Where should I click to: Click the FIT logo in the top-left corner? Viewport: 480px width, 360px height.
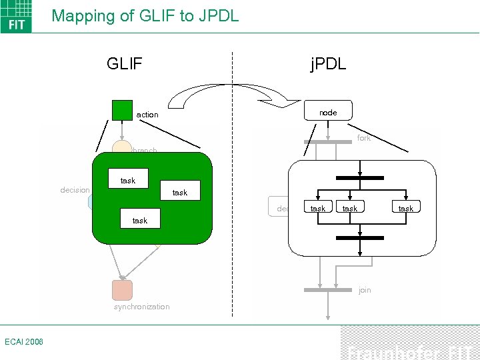point(16,16)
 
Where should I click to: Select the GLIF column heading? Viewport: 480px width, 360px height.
point(125,64)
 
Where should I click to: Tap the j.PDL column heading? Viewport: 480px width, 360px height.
point(328,64)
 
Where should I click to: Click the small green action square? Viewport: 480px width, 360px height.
point(122,110)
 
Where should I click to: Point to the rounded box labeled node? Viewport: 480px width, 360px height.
point(328,112)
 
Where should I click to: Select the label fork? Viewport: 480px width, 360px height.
point(364,138)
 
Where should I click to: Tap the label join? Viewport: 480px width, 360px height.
point(365,290)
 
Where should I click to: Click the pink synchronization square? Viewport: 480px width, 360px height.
point(122,290)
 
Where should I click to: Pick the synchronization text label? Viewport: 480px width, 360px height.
point(141,307)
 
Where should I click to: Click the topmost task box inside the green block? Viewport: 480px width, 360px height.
point(128,180)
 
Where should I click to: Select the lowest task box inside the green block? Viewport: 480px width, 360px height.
point(140,220)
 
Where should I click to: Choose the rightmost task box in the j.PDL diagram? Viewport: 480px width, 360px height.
point(405,208)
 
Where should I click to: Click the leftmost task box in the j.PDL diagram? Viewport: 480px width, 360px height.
point(319,208)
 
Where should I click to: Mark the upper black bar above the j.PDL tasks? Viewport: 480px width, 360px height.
point(360,178)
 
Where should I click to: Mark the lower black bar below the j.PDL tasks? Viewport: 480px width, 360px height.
point(360,237)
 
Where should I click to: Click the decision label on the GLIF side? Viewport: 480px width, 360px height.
point(75,190)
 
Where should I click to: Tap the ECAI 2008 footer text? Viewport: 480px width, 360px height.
point(23,341)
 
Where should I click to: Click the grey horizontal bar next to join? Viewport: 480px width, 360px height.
point(327,290)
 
